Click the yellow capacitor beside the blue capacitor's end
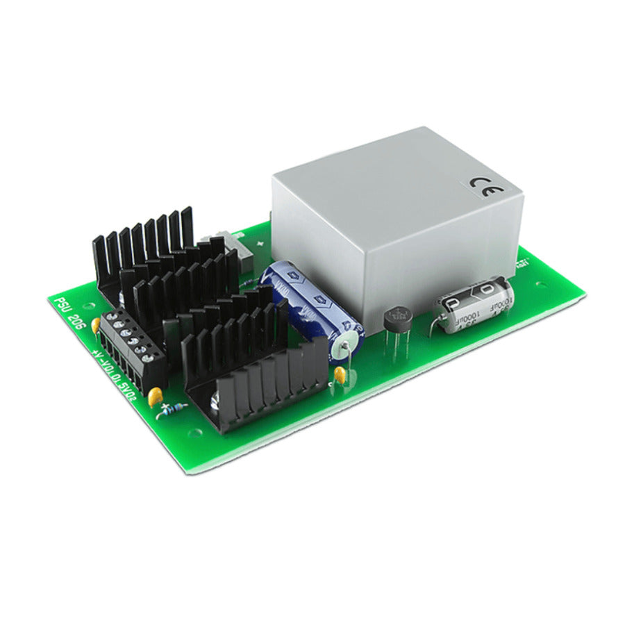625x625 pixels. [340, 376]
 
